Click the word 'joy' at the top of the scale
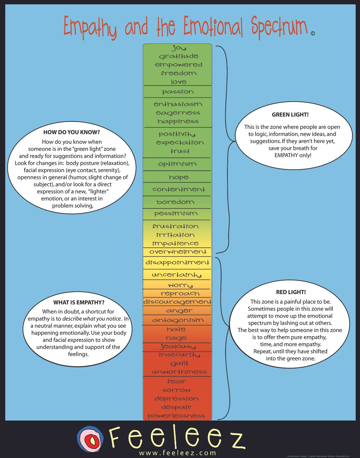click(x=179, y=48)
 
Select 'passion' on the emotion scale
click(x=178, y=92)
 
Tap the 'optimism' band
click(x=177, y=164)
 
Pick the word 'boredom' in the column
click(x=175, y=202)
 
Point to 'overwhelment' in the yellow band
click(x=178, y=252)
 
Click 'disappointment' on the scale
click(x=177, y=262)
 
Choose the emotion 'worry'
click(x=180, y=285)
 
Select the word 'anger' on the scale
click(x=179, y=311)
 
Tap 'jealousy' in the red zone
click(x=178, y=347)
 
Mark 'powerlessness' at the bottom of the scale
click(x=176, y=416)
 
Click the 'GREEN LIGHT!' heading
click(x=290, y=115)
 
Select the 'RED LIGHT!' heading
click(x=291, y=292)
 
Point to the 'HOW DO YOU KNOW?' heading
click(x=71, y=132)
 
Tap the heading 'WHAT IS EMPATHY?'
click(x=79, y=302)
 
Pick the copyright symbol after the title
click(x=313, y=33)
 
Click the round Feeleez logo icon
click(x=90, y=439)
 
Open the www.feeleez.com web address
click(x=178, y=453)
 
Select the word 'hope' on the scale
click(x=178, y=178)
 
